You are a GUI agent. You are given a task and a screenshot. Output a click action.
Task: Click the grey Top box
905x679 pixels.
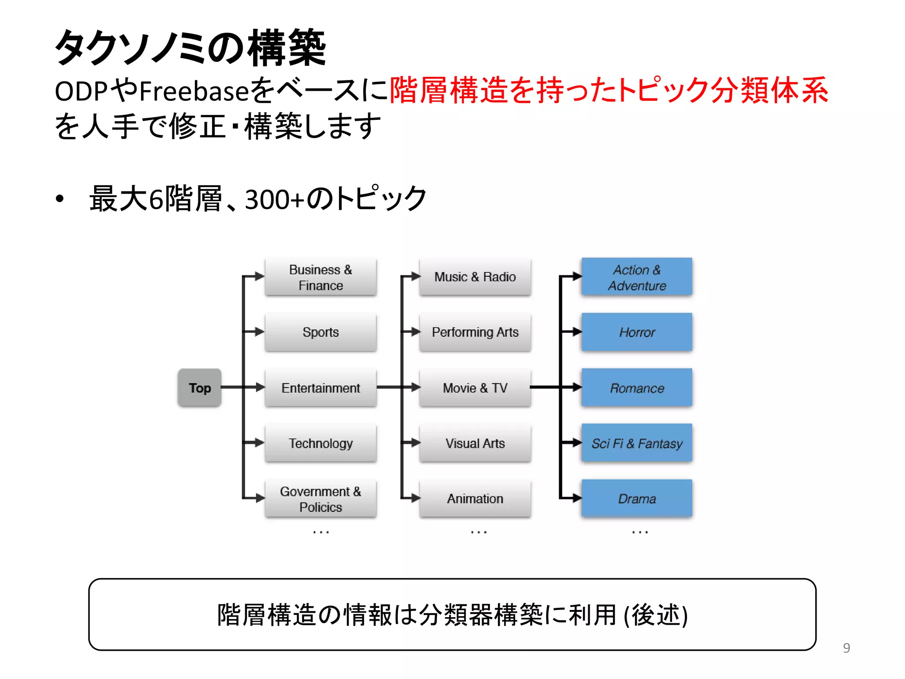(200, 388)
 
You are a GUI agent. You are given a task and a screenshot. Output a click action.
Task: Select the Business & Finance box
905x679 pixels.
(321, 277)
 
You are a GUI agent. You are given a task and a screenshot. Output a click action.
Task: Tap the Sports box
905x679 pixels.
(321, 332)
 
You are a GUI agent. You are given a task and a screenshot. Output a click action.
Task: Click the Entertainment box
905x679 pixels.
(321, 388)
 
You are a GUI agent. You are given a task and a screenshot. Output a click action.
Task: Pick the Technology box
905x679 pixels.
(321, 443)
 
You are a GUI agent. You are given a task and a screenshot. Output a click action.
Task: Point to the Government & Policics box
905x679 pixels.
(321, 499)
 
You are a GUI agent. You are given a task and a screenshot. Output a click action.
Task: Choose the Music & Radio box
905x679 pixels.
(475, 277)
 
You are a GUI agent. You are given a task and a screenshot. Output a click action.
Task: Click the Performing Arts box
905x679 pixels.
(475, 332)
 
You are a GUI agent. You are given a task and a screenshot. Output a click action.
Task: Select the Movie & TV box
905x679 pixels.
(475, 388)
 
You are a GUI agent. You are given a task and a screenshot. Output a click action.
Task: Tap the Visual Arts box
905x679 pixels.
(475, 443)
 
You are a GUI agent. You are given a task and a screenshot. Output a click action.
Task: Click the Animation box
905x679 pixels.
(475, 499)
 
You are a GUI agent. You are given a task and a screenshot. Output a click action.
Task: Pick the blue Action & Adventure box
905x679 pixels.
(637, 277)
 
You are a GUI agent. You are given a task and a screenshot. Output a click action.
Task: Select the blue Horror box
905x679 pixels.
(637, 332)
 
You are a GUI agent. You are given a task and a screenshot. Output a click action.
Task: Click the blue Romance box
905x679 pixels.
(637, 388)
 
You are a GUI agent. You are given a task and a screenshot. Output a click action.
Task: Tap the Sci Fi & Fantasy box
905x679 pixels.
(637, 443)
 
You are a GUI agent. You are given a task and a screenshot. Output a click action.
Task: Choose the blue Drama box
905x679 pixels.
(637, 499)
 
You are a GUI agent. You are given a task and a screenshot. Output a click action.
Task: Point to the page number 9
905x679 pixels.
(846, 648)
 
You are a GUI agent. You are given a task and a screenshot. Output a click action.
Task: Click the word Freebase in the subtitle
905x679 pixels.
(194, 91)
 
